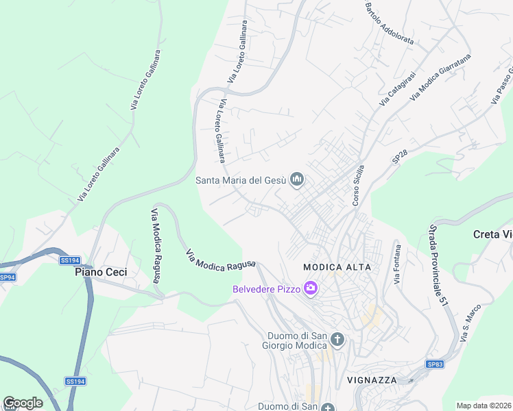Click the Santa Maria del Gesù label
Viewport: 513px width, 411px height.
coord(240,181)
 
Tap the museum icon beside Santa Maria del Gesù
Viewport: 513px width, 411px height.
coord(297,180)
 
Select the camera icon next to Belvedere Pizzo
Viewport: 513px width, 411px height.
coord(311,288)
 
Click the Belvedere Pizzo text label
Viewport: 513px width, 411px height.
coord(266,289)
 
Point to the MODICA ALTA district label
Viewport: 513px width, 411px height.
coord(337,266)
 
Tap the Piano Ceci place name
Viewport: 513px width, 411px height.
coord(101,272)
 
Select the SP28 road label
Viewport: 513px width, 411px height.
coord(400,157)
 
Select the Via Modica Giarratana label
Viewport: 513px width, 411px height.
coord(441,77)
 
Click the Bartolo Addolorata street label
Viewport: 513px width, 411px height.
coord(389,23)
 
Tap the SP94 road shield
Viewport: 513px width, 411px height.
coord(7,277)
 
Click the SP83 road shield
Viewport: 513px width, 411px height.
coord(434,364)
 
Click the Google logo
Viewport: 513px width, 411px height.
coord(23,403)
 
